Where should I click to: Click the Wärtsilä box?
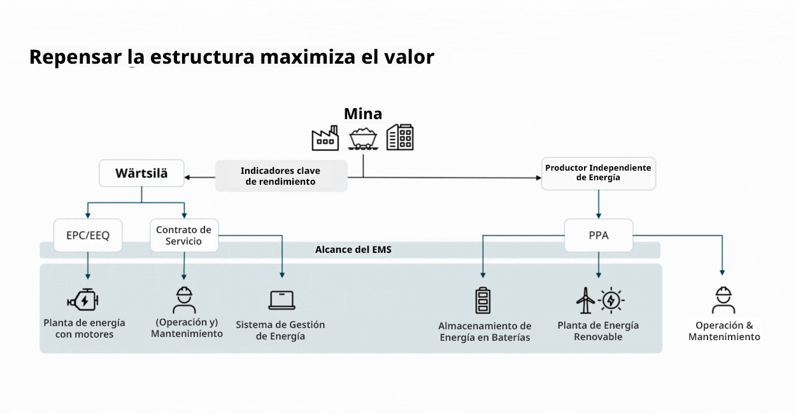coord(141,173)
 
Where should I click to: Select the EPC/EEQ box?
coord(88,235)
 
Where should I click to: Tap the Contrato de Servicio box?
coord(184,235)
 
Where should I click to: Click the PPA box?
coord(599,235)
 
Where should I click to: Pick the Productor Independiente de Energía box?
coord(598,173)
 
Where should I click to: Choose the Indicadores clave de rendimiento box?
coord(281,176)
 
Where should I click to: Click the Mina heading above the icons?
coord(363,114)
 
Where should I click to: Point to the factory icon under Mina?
coord(325,138)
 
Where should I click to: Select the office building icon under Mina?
coord(401,137)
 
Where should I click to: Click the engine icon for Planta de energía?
coord(83,300)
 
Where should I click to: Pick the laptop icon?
coord(281,300)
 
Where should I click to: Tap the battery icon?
coord(483,301)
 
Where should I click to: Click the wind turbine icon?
coord(585,300)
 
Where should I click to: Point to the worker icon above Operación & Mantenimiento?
coord(723,300)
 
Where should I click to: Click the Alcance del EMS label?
coord(353,250)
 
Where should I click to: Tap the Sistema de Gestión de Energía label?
coord(280,330)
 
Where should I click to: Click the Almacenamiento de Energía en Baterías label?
coord(485,332)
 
